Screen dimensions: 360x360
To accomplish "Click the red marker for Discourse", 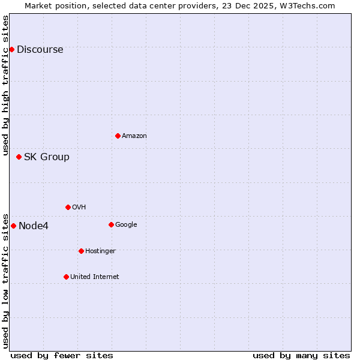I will pyautogui.click(x=11, y=49).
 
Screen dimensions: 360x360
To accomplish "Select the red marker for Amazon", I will pyautogui.click(x=118, y=136).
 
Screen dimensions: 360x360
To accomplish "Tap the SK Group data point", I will pyautogui.click(x=19, y=157).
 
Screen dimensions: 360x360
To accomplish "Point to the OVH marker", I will pyautogui.click(x=68, y=207).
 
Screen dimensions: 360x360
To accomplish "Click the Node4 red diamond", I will pyautogui.click(x=13, y=226).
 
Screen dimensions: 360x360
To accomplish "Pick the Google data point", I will pyautogui.click(x=111, y=224).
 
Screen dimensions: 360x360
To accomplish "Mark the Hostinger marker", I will pyautogui.click(x=81, y=251).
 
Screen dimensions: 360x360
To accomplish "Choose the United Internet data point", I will pyautogui.click(x=66, y=277).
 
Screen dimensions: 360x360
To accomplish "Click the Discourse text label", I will pyautogui.click(x=40, y=49).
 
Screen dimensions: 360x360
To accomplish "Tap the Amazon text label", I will pyautogui.click(x=134, y=136).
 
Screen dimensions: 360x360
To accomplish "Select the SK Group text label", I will pyautogui.click(x=47, y=157).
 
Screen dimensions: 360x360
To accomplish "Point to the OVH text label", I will pyautogui.click(x=79, y=208).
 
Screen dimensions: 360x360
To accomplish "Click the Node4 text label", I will pyautogui.click(x=34, y=226).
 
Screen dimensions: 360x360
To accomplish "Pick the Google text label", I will pyautogui.click(x=126, y=225).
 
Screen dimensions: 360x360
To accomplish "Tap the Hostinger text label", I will pyautogui.click(x=100, y=251).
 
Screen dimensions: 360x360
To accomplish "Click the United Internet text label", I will pyautogui.click(x=94, y=277).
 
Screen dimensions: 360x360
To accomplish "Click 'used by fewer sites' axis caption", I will pyautogui.click(x=62, y=355).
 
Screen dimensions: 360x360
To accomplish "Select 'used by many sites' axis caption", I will pyautogui.click(x=301, y=355).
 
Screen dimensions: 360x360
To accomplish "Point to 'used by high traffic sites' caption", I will pyautogui.click(x=6, y=85).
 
